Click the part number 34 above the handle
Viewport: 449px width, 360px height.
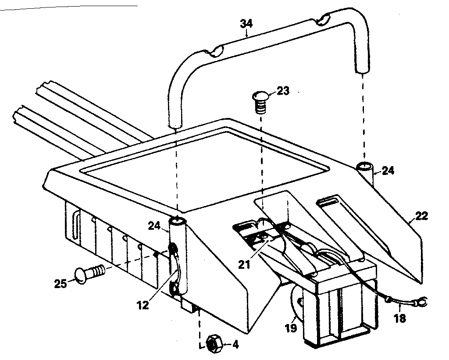click(x=246, y=23)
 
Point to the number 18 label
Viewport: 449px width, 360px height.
click(x=399, y=318)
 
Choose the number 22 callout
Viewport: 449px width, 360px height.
click(x=421, y=216)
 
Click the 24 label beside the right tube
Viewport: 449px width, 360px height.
click(x=388, y=171)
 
